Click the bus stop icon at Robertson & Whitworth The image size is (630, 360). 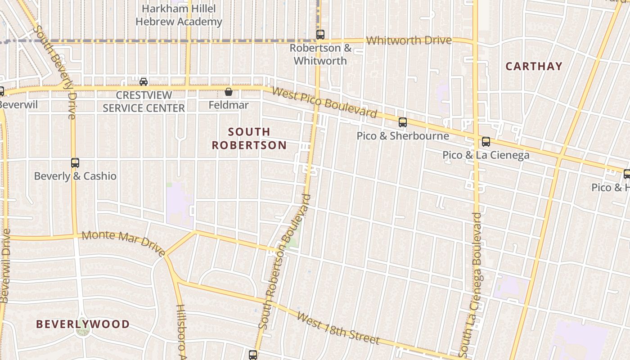coord(320,34)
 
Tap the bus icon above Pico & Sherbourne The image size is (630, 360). coord(403,122)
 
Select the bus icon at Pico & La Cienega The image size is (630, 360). coord(486,142)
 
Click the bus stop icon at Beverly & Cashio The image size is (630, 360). coord(75,163)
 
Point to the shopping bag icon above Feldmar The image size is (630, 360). coord(229,92)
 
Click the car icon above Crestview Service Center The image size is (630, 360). coord(144,81)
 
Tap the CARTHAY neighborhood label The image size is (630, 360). coord(534,66)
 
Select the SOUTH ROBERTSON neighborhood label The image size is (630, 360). coord(249,138)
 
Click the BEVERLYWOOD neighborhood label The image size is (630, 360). coord(83,324)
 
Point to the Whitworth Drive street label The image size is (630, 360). coord(409,40)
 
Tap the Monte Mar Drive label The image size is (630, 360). coord(124,243)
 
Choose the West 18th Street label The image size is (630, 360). coord(338,328)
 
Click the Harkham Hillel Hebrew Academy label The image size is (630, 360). coord(179,15)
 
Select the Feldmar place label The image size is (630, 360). coord(229,105)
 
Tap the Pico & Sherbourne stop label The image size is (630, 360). coord(403,135)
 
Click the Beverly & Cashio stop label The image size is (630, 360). coord(75,176)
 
